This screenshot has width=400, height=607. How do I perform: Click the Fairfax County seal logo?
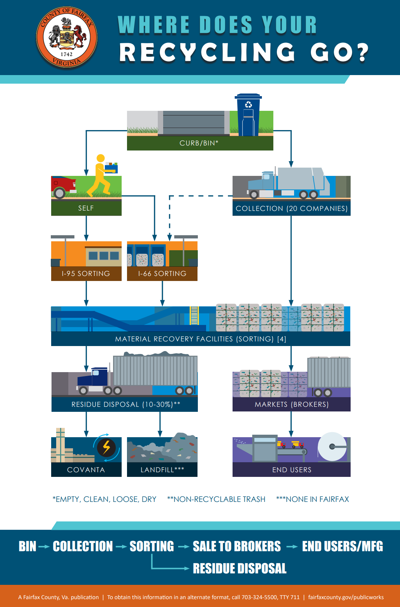click(67, 38)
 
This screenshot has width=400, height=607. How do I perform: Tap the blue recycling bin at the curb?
click(248, 115)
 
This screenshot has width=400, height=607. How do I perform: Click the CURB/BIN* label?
click(199, 143)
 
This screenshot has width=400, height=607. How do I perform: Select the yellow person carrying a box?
click(101, 176)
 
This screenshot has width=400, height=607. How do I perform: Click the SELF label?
click(86, 208)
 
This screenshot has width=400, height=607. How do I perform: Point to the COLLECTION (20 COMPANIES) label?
click(292, 208)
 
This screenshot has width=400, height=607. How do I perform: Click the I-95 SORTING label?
click(86, 273)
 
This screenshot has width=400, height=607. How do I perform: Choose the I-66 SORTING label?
click(162, 273)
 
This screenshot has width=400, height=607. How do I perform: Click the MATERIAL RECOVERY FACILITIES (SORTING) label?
click(200, 339)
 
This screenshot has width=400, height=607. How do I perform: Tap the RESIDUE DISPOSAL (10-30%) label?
click(125, 404)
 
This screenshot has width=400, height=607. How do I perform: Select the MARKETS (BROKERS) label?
click(292, 404)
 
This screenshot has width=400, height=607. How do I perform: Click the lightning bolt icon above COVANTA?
click(106, 447)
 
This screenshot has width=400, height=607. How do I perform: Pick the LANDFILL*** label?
click(162, 470)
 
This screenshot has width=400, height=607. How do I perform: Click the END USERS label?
click(292, 470)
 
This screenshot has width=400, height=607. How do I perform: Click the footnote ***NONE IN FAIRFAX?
click(312, 499)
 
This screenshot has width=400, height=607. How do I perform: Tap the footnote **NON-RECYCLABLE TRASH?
click(216, 499)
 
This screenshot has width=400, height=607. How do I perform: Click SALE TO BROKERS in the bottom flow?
click(236, 546)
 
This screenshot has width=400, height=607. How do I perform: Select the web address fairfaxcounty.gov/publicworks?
click(346, 597)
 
